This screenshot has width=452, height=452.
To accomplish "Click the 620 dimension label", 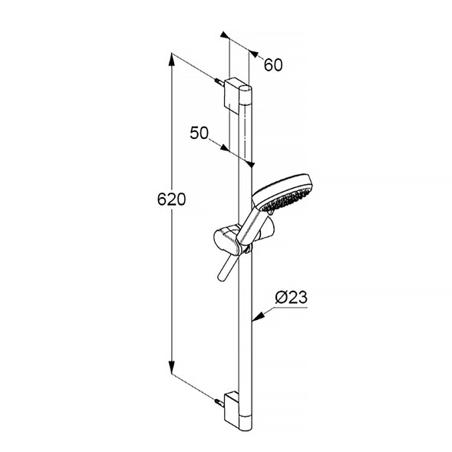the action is pos(171,200).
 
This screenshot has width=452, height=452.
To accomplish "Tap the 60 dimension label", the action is pos(273,65).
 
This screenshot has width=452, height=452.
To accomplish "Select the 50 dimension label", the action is pos(199,133).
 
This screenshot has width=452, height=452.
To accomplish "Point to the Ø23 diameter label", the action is pos(291,297).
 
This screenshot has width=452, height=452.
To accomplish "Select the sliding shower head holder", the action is pos(231,240).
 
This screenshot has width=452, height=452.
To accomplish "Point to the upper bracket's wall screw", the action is pos(219,82).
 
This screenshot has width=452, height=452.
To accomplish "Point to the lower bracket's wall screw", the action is pos(219,402).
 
